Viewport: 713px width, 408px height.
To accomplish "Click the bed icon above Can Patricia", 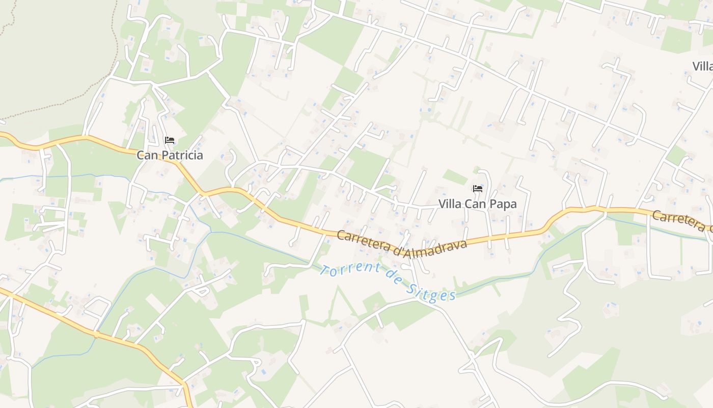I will point(170,140).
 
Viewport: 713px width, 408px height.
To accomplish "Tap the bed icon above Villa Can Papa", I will point(477,189).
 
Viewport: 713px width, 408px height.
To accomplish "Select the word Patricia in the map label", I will point(180,156).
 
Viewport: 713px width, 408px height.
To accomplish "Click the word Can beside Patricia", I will point(146,156).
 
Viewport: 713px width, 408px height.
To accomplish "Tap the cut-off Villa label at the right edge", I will point(703,66).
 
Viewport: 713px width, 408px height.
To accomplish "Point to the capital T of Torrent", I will point(323,268).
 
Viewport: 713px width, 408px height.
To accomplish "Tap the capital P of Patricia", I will point(162,156).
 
